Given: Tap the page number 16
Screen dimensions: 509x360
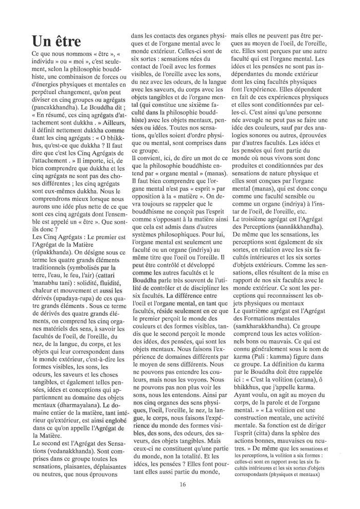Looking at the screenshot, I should coord(183,484).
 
